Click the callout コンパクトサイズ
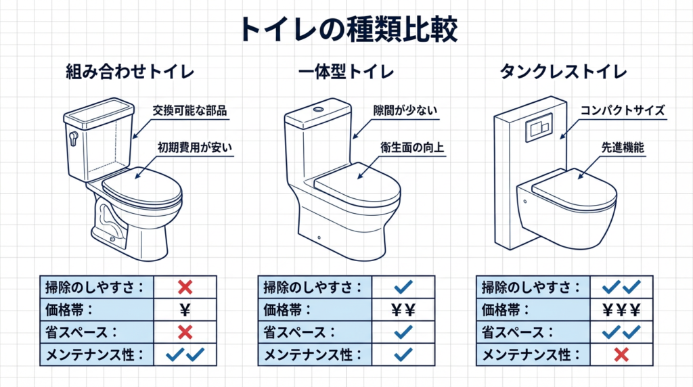pyautogui.click(x=623, y=110)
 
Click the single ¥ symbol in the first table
pyautogui.click(x=185, y=310)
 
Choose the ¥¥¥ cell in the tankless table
pyautogui.click(x=621, y=310)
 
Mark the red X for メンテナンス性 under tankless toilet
pyautogui.click(x=621, y=355)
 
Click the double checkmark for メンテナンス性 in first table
pyautogui.click(x=185, y=355)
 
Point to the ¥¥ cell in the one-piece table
pyautogui.click(x=403, y=310)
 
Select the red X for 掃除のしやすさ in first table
pyautogui.click(x=185, y=288)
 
